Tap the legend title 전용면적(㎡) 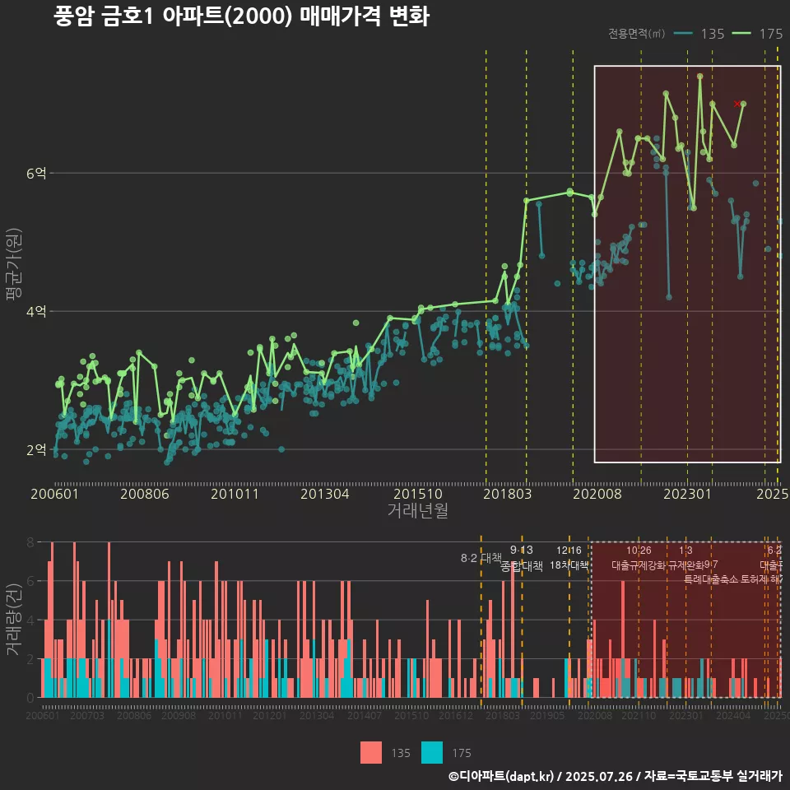click(x=636, y=34)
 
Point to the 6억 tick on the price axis click(x=35, y=173)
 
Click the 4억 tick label click(x=35, y=311)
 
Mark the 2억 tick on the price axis click(x=35, y=449)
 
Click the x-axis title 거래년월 click(x=417, y=510)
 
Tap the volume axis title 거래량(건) click(x=13, y=620)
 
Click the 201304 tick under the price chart click(x=325, y=495)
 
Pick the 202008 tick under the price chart click(x=596, y=495)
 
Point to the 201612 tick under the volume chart click(x=455, y=717)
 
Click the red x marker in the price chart click(x=737, y=104)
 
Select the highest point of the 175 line click(x=699, y=77)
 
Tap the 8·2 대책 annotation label click(x=481, y=558)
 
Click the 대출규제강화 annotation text click(x=638, y=565)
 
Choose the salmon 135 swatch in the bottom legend click(x=371, y=752)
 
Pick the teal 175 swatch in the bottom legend click(x=432, y=752)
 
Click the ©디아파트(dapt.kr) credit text click(x=502, y=776)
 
